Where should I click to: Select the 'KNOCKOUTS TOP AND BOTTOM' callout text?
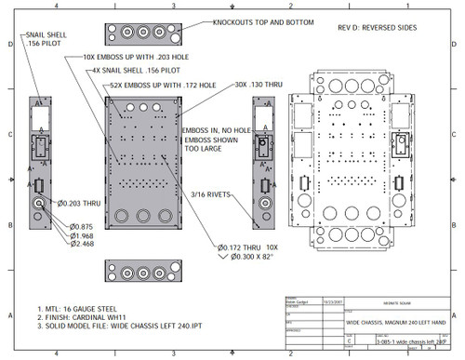(x=263, y=22)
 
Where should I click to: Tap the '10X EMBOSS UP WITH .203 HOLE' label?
(x=126, y=58)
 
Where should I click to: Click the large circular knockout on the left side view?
(x=42, y=206)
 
